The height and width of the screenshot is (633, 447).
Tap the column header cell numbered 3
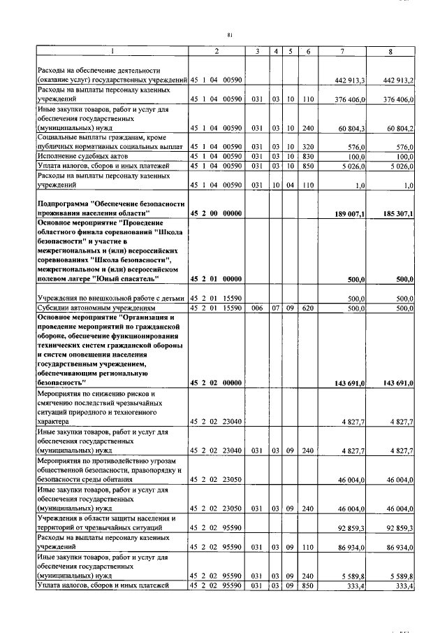(x=257, y=52)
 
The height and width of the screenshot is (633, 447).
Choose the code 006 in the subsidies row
(x=257, y=308)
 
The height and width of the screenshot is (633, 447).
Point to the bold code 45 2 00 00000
(x=217, y=212)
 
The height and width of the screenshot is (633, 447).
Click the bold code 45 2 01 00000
(x=217, y=279)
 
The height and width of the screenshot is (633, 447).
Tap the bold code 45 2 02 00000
(x=217, y=383)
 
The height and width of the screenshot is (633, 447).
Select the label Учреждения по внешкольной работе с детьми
(x=110, y=299)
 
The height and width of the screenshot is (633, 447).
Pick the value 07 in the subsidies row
(x=277, y=308)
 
